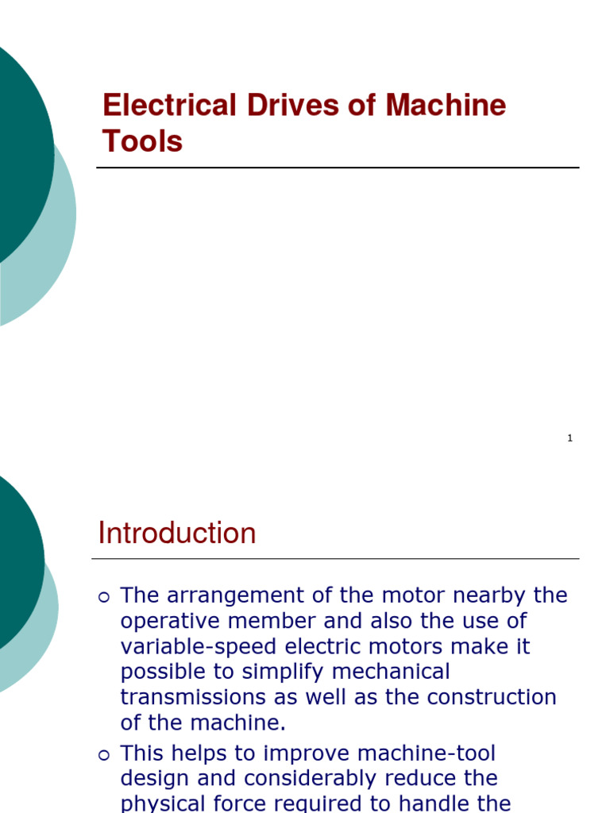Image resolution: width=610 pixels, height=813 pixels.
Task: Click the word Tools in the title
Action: (142, 141)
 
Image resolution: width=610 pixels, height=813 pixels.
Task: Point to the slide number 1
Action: (569, 438)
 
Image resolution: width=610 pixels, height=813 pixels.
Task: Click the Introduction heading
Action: (177, 533)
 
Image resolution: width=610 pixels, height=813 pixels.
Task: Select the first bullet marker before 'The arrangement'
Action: (104, 597)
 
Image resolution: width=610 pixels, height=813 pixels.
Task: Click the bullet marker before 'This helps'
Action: (104, 756)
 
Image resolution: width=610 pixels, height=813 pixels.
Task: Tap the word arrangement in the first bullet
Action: (241, 595)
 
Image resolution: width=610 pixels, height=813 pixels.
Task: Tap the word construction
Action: (492, 697)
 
